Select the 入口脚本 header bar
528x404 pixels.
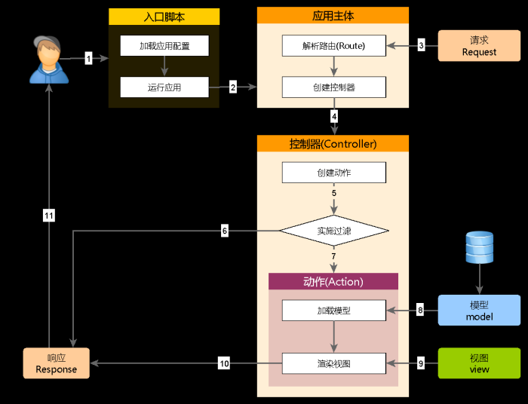pos(164,17)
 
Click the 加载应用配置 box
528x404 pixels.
pos(164,46)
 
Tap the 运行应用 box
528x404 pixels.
pos(164,87)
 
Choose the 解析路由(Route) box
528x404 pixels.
pos(333,46)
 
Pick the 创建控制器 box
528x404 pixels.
pos(333,87)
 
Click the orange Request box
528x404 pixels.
pos(479,46)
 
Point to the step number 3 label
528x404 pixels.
pos(422,46)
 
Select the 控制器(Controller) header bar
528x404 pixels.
pos(333,144)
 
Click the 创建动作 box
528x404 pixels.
pos(333,173)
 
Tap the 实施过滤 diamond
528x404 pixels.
pos(333,231)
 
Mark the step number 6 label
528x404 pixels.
pos(225,231)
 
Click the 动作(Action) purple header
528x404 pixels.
pos(333,282)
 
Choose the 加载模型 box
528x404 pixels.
pos(333,310)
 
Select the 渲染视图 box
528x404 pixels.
pos(333,364)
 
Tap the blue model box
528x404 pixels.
pos(479,310)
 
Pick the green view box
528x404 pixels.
pos(479,363)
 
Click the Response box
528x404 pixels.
pos(56,363)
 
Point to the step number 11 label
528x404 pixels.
pos(49,216)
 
